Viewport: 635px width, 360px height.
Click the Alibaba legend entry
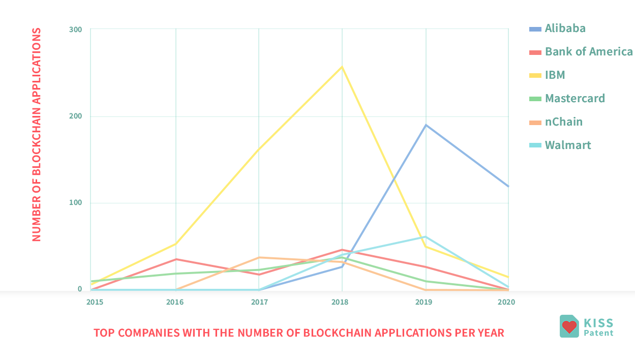coord(565,28)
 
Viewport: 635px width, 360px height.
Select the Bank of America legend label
coord(589,52)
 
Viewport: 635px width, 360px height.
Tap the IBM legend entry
coord(555,75)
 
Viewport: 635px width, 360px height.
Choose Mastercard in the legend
coord(574,99)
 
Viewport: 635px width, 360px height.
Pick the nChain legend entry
coord(563,122)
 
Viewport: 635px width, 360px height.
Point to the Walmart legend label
coord(567,145)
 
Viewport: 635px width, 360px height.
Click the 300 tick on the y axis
coord(75,29)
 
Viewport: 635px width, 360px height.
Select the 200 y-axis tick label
coord(75,116)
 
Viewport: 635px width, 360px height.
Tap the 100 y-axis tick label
coord(75,203)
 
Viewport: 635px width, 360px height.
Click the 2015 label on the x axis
coord(95,302)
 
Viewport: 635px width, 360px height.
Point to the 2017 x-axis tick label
coord(259,302)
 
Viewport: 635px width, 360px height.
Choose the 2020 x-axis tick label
coord(506,302)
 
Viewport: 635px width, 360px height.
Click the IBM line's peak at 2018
coord(342,67)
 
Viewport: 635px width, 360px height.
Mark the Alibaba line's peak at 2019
coord(426,125)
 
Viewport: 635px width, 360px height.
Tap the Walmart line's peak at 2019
coord(426,237)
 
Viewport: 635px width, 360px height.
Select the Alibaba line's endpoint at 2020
coord(508,186)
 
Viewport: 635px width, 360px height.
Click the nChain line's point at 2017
coord(259,257)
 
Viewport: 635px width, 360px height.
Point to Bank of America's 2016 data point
coord(176,259)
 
